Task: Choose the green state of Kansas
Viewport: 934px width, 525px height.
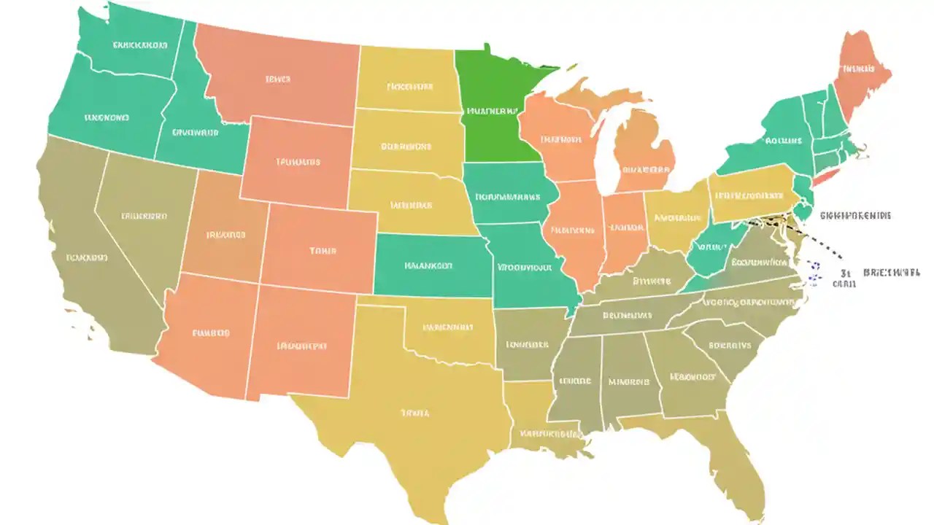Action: tap(431, 266)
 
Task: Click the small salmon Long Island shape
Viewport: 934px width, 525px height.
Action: tap(828, 176)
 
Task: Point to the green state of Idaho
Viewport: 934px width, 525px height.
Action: tap(193, 124)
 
